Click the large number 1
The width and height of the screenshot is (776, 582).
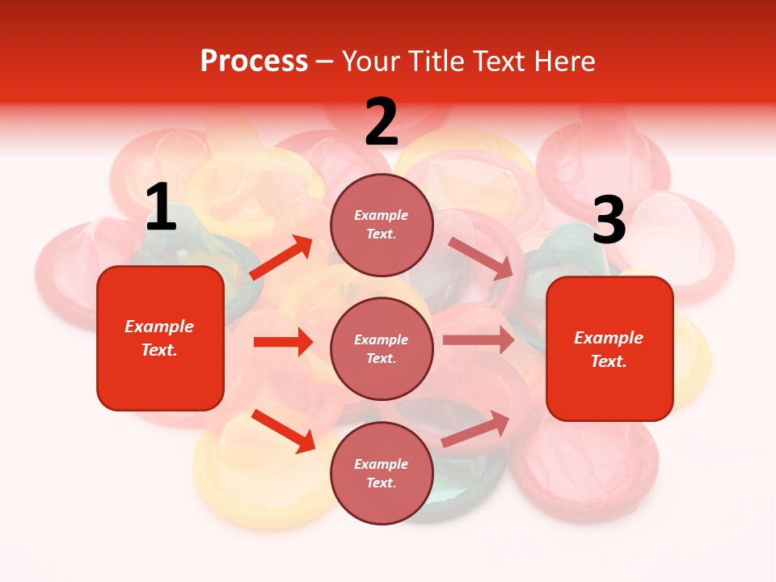pos(161,207)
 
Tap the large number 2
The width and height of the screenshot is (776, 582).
pos(382,122)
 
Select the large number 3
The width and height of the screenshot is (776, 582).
pos(609,221)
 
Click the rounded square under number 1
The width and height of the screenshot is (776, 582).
pos(160,338)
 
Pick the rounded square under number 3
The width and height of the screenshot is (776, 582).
pos(609,348)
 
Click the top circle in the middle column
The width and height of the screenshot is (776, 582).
pos(382,225)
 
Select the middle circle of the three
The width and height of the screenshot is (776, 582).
pos(382,348)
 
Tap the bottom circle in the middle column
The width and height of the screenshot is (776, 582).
pos(382,473)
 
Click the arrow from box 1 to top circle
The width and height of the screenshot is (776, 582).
pos(281,258)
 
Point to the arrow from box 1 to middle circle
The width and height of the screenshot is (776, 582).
pos(283,342)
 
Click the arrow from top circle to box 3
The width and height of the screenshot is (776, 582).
pos(481,259)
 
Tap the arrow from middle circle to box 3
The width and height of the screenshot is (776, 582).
pos(479,340)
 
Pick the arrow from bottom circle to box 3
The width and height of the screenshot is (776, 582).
pos(476,429)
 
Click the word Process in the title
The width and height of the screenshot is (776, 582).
pos(254,61)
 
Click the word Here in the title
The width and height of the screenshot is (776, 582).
pos(563,61)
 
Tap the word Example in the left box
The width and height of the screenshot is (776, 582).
pos(159,327)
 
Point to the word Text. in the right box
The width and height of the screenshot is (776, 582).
pos(609,361)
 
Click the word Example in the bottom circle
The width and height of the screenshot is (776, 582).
pos(382,464)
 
